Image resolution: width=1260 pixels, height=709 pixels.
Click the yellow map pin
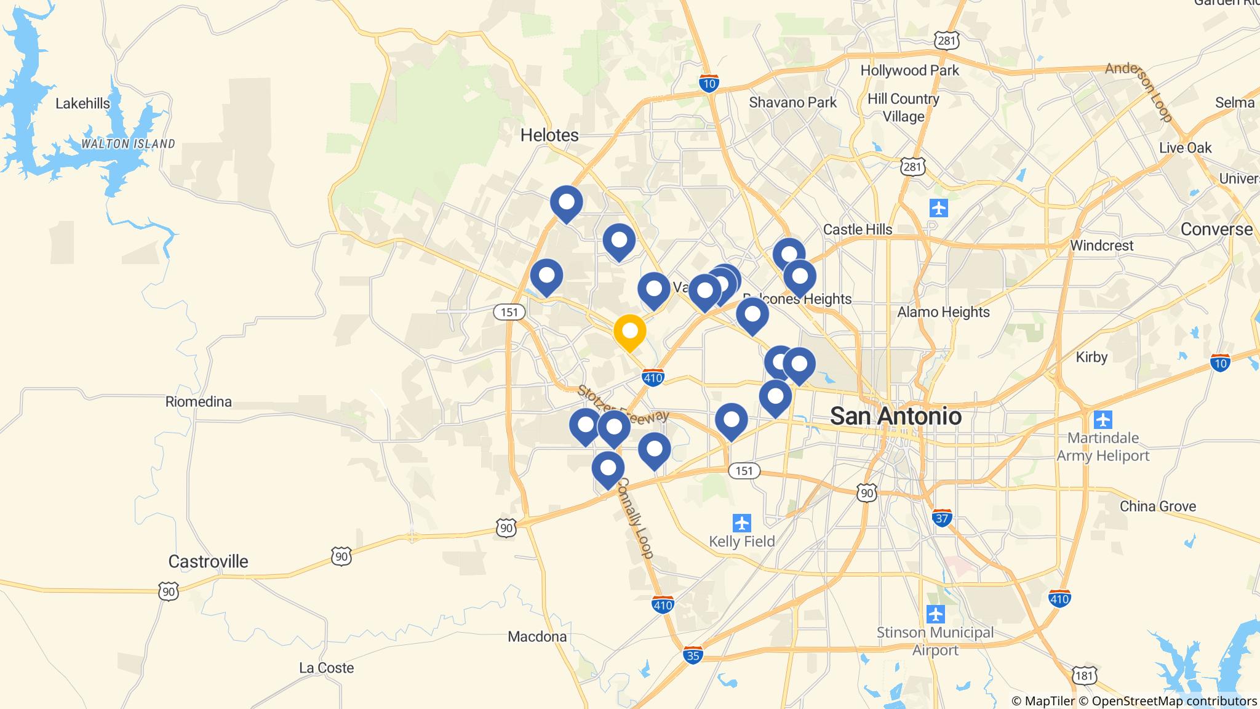point(629,332)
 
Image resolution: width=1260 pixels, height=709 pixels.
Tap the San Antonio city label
point(895,416)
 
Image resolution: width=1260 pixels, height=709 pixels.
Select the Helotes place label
point(549,135)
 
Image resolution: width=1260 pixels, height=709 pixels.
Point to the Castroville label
point(208,561)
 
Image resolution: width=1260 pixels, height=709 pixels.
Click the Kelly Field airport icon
point(742,523)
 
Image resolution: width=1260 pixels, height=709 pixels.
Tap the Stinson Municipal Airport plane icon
point(935,614)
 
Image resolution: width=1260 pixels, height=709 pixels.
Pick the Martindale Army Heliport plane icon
point(1103,420)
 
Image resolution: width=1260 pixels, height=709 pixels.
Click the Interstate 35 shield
point(693,655)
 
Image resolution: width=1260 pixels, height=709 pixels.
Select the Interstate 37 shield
point(942,518)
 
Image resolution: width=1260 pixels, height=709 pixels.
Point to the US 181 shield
point(1084,676)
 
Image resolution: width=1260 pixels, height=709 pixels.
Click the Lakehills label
point(82,103)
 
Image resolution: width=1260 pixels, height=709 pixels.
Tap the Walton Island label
point(128,144)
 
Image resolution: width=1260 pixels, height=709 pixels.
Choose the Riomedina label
point(199,402)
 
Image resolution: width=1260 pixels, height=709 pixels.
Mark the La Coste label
point(326,668)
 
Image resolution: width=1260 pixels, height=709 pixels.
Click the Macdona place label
point(537,636)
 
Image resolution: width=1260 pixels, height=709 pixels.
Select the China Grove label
point(1157,507)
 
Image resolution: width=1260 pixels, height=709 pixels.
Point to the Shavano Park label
point(792,103)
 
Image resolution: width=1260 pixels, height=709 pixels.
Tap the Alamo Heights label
point(943,312)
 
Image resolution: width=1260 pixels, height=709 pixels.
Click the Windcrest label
point(1101,246)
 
